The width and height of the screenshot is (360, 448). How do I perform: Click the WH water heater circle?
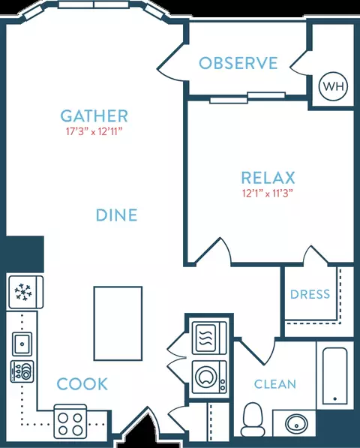pyautogui.click(x=334, y=86)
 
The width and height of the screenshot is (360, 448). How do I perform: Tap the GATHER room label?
pyautogui.click(x=94, y=116)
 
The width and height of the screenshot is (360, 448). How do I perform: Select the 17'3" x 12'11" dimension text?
pyautogui.click(x=94, y=132)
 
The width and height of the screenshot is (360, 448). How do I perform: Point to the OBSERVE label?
pyautogui.click(x=238, y=63)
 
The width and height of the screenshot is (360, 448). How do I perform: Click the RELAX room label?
pyautogui.click(x=268, y=178)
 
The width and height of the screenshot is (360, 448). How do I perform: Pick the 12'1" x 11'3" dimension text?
pyautogui.click(x=268, y=194)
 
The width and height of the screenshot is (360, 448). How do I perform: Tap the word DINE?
pyautogui.click(x=117, y=215)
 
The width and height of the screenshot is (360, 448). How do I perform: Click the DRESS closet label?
pyautogui.click(x=310, y=294)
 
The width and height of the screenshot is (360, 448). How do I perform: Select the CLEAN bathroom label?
pyautogui.click(x=275, y=384)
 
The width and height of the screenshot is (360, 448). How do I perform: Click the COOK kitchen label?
pyautogui.click(x=82, y=383)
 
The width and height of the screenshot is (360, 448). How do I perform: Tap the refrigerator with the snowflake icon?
pyautogui.click(x=26, y=292)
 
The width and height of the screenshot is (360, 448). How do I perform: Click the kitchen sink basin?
pyautogui.click(x=22, y=344)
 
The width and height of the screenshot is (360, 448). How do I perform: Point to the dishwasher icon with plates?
pyautogui.click(x=22, y=371)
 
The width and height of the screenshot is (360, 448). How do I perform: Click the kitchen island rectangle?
pyautogui.click(x=118, y=323)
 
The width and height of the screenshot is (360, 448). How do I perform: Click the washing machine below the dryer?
pyautogui.click(x=209, y=377)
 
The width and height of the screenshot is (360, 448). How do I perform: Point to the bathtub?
pyautogui.click(x=335, y=376)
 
